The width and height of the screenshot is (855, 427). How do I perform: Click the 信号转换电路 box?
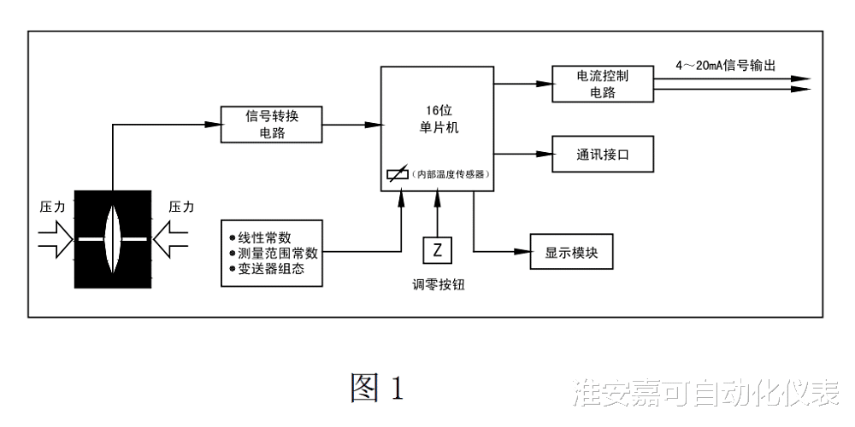271,124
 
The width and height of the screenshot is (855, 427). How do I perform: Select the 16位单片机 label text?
436,119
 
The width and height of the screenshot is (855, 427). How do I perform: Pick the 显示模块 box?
571,252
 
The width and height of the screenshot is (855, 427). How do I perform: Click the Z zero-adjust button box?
438,250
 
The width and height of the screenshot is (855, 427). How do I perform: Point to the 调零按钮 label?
438,285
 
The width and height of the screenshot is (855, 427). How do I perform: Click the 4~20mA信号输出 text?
725,66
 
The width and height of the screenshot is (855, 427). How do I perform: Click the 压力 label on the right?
181,207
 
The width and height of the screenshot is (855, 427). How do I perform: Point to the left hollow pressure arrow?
57,239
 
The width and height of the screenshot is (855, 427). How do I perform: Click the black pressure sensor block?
113,239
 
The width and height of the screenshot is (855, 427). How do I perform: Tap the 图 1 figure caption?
376,389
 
